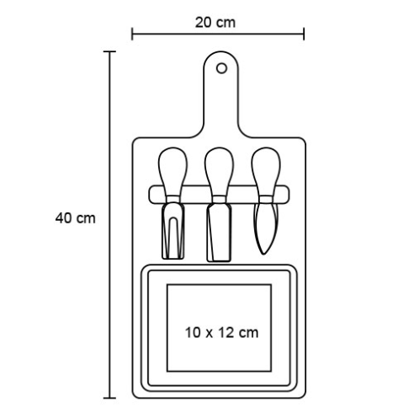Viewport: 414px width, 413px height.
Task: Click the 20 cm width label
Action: (x=215, y=23)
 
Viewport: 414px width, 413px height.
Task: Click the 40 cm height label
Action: (x=75, y=218)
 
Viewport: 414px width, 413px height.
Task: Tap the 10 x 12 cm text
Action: (x=221, y=333)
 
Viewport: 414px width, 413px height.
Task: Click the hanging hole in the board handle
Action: (x=221, y=68)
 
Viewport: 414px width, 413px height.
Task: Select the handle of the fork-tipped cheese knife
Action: (x=172, y=171)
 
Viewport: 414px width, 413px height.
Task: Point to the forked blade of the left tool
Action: (x=173, y=230)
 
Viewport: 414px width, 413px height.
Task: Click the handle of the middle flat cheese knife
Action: (x=219, y=171)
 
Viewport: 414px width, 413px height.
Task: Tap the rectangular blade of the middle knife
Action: (x=219, y=233)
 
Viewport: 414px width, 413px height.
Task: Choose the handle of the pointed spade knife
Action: (x=265, y=171)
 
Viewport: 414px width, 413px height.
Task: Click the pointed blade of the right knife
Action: (x=265, y=228)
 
